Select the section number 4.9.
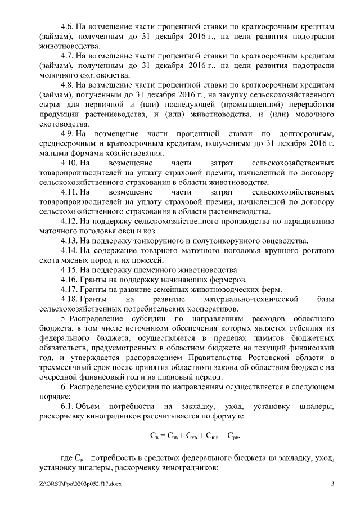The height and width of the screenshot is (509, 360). tap(67, 133)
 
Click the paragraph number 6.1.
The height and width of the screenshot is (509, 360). tap(67, 406)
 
